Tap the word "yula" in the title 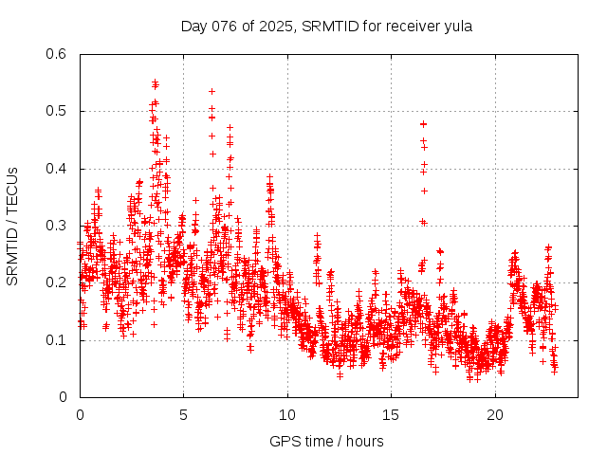pos(457,26)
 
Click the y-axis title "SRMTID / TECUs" pos(12,226)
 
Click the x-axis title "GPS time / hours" pos(326,441)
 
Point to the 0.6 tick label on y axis pos(59,54)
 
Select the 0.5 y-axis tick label pos(59,111)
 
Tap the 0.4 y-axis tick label pos(59,169)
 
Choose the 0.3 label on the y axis pos(59,226)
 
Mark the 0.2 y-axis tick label pos(59,282)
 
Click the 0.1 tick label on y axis pos(59,339)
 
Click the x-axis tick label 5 pos(184,414)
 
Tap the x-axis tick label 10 pos(287,414)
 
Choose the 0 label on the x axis pos(80,414)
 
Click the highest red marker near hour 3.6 pos(155,82)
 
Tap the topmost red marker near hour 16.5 pos(424,124)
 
